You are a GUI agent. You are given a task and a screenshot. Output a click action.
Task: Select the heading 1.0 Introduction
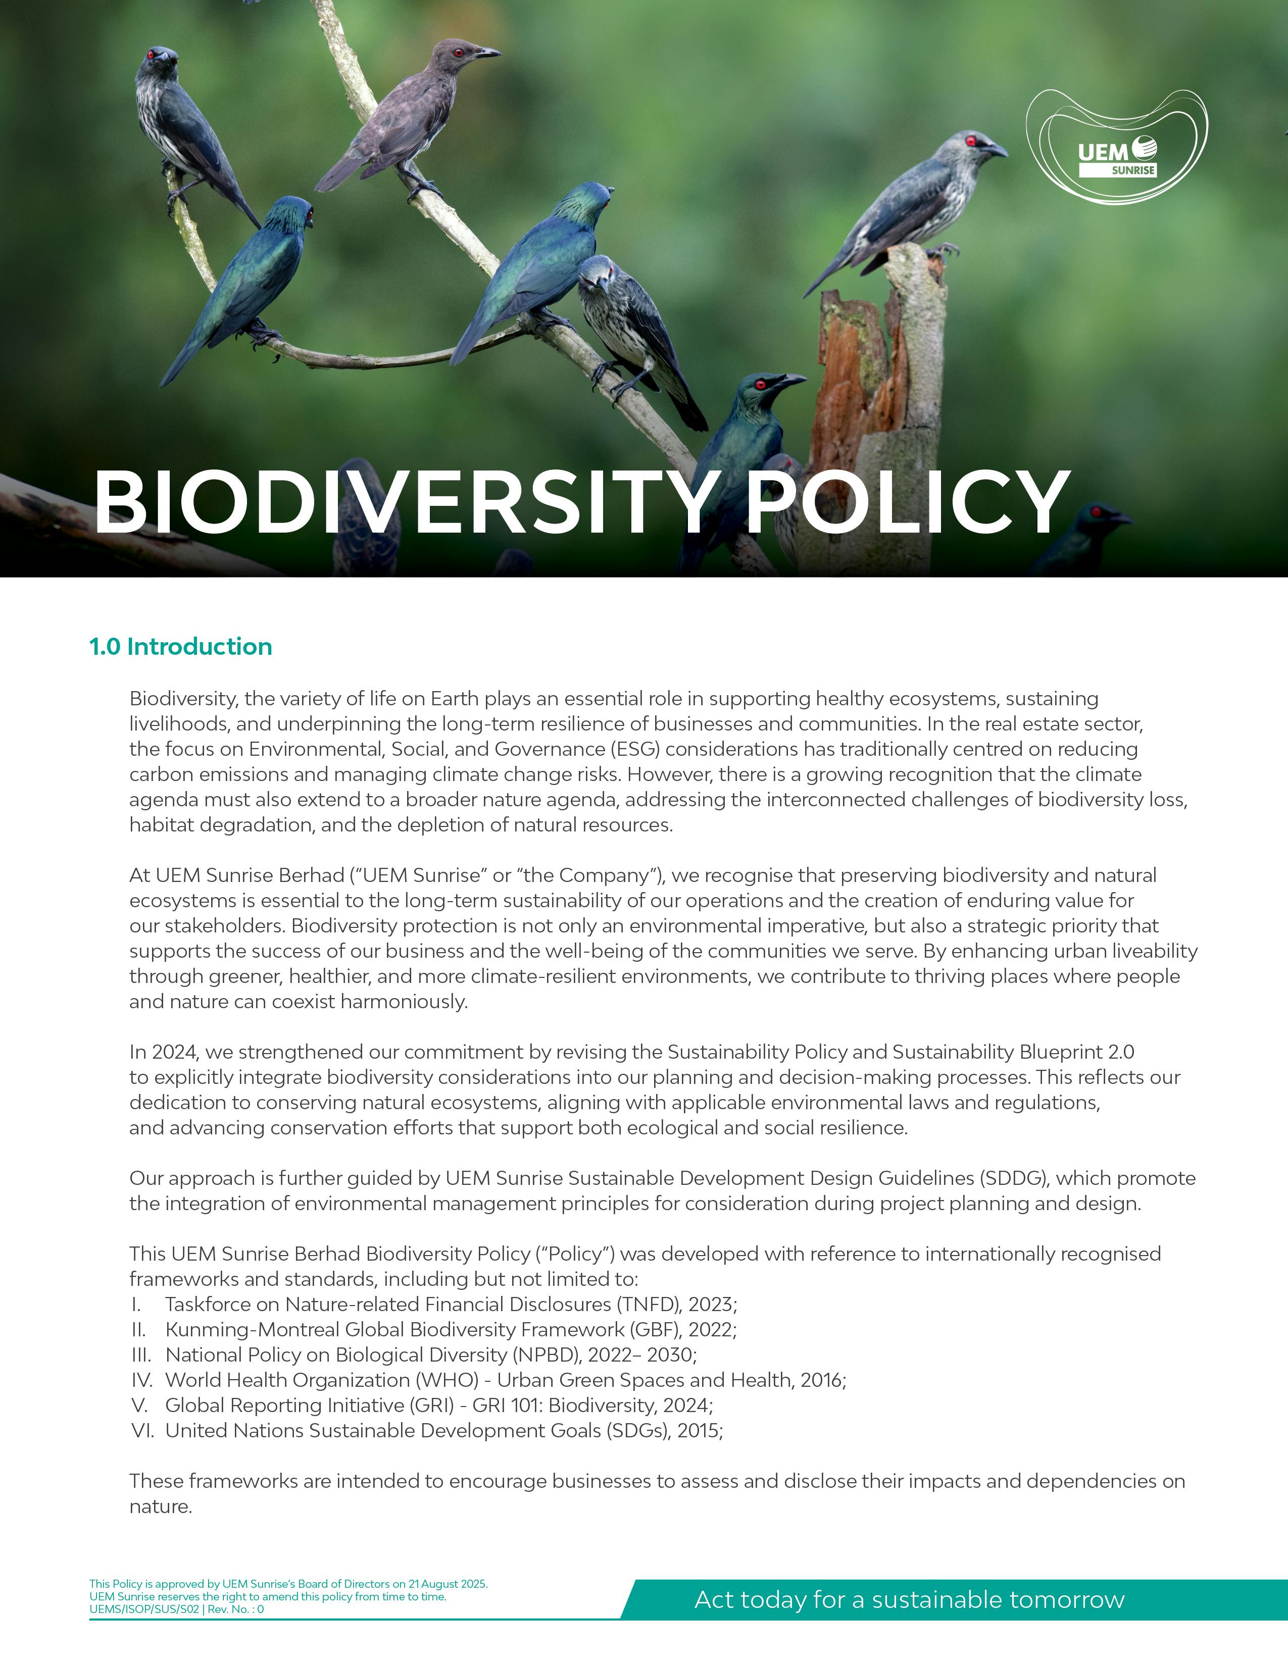(x=181, y=646)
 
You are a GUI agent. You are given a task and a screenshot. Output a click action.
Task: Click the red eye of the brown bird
(x=459, y=53)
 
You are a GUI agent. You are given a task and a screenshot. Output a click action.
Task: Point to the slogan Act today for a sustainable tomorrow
(x=909, y=1599)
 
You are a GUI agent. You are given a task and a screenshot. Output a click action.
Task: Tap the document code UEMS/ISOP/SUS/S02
(x=144, y=1609)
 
